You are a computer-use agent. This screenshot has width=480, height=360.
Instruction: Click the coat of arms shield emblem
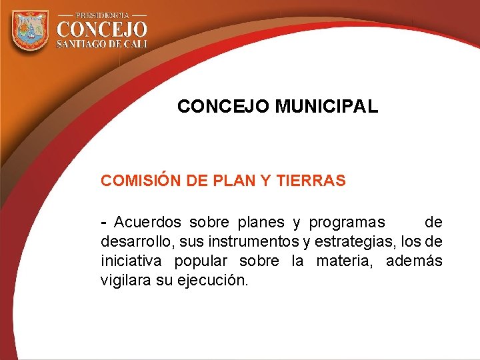tap(31, 30)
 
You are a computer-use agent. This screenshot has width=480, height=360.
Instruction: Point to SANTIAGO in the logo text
tap(83, 44)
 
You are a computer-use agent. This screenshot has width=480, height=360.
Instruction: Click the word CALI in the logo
tap(134, 44)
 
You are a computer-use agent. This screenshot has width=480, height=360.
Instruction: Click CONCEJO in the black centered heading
tap(223, 106)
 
